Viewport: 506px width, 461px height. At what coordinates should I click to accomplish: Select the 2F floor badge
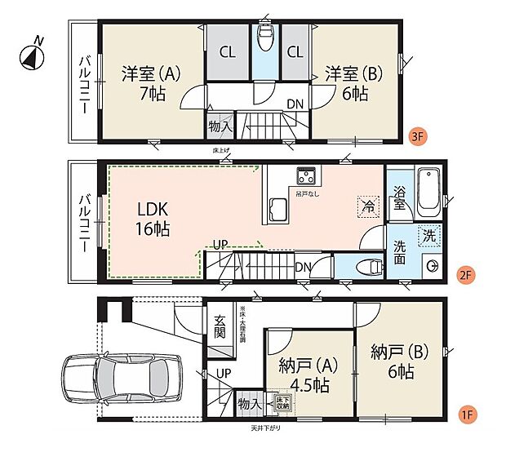coord(465,275)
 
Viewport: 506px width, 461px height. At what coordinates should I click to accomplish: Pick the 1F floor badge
coord(465,414)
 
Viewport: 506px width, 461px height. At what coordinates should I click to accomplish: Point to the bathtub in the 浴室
coord(428,193)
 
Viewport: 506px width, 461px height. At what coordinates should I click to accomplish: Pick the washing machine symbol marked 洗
coord(428,235)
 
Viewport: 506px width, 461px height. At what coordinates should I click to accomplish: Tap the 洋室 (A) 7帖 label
coord(152,82)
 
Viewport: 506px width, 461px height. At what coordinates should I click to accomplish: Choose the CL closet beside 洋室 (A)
coord(228,52)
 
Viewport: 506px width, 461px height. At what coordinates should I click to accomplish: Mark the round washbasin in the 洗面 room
coord(433,266)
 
